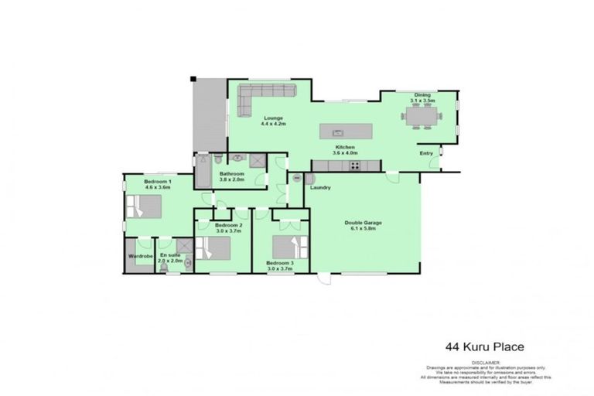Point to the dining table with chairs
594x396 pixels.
coord(422,117)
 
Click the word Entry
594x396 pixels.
coord(426,153)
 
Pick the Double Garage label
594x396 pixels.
coord(363,223)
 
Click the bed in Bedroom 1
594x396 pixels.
coord(144,207)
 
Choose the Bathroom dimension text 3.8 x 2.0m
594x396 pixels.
coord(231,179)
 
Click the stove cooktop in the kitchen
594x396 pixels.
coord(355,164)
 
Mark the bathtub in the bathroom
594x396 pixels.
coord(203,172)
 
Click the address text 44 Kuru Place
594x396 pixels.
coord(480,346)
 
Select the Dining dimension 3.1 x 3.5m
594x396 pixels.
coord(423,101)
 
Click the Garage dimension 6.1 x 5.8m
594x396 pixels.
coord(363,229)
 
